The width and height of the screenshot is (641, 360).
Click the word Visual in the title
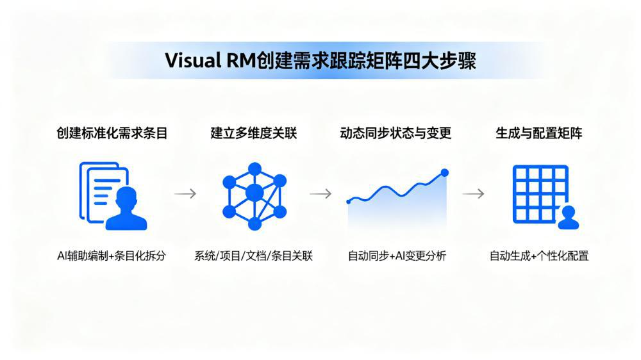(x=190, y=61)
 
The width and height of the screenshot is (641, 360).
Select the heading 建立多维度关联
(x=254, y=133)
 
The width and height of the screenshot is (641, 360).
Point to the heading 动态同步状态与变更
(x=395, y=133)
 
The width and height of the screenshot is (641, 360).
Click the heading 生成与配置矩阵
(x=539, y=133)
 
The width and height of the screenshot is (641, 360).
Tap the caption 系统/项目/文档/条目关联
(x=254, y=256)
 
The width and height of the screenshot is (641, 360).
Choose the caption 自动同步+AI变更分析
(x=397, y=256)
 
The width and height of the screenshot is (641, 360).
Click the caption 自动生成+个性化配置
(x=539, y=256)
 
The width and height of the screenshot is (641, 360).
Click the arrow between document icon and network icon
(x=185, y=193)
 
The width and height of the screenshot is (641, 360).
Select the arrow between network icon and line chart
(x=320, y=193)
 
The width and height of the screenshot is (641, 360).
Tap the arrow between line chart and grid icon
(x=473, y=193)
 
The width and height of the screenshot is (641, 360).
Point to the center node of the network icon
(x=254, y=192)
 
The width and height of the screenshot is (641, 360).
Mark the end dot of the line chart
(x=445, y=172)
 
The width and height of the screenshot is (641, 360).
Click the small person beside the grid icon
(x=568, y=218)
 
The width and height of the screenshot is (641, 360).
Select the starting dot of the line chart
(x=349, y=201)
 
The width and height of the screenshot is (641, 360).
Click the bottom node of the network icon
(x=254, y=224)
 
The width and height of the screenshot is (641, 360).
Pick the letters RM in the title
(x=239, y=61)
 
